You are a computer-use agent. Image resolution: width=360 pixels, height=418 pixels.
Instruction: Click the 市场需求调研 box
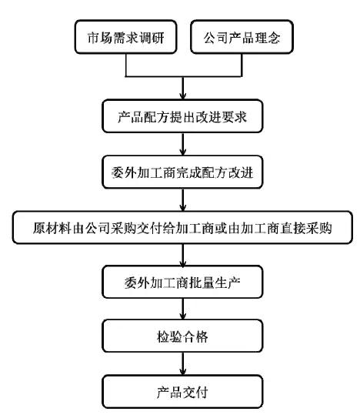[125, 37]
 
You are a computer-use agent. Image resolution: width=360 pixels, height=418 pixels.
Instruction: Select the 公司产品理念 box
[242, 37]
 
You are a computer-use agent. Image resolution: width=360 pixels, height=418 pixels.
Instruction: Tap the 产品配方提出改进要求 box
[182, 116]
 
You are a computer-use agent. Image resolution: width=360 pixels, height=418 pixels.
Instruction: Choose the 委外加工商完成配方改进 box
[182, 172]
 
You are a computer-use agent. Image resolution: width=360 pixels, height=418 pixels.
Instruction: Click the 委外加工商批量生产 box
[182, 282]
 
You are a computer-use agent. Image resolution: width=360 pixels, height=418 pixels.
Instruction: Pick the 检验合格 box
[182, 336]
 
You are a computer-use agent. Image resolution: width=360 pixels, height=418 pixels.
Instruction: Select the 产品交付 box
[182, 392]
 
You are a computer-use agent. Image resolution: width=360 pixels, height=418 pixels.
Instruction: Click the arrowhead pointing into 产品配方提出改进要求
[183, 96]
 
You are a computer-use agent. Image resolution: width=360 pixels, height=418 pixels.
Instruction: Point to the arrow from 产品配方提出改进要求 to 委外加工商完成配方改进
[183, 144]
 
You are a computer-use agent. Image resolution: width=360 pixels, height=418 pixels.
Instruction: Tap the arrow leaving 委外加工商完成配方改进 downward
[183, 200]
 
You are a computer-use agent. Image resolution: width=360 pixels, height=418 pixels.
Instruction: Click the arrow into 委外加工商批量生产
[183, 255]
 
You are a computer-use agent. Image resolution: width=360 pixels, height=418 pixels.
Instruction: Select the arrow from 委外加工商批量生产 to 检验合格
[183, 309]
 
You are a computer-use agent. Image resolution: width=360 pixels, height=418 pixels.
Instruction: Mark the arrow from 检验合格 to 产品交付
[183, 364]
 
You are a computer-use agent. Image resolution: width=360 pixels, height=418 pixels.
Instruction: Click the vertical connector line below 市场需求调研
[125, 65]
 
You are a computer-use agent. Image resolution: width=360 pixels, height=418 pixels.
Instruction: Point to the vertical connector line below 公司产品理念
[242, 65]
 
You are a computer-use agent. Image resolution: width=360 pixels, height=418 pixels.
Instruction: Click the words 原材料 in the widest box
[52, 228]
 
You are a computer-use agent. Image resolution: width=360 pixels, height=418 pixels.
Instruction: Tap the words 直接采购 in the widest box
[306, 228]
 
